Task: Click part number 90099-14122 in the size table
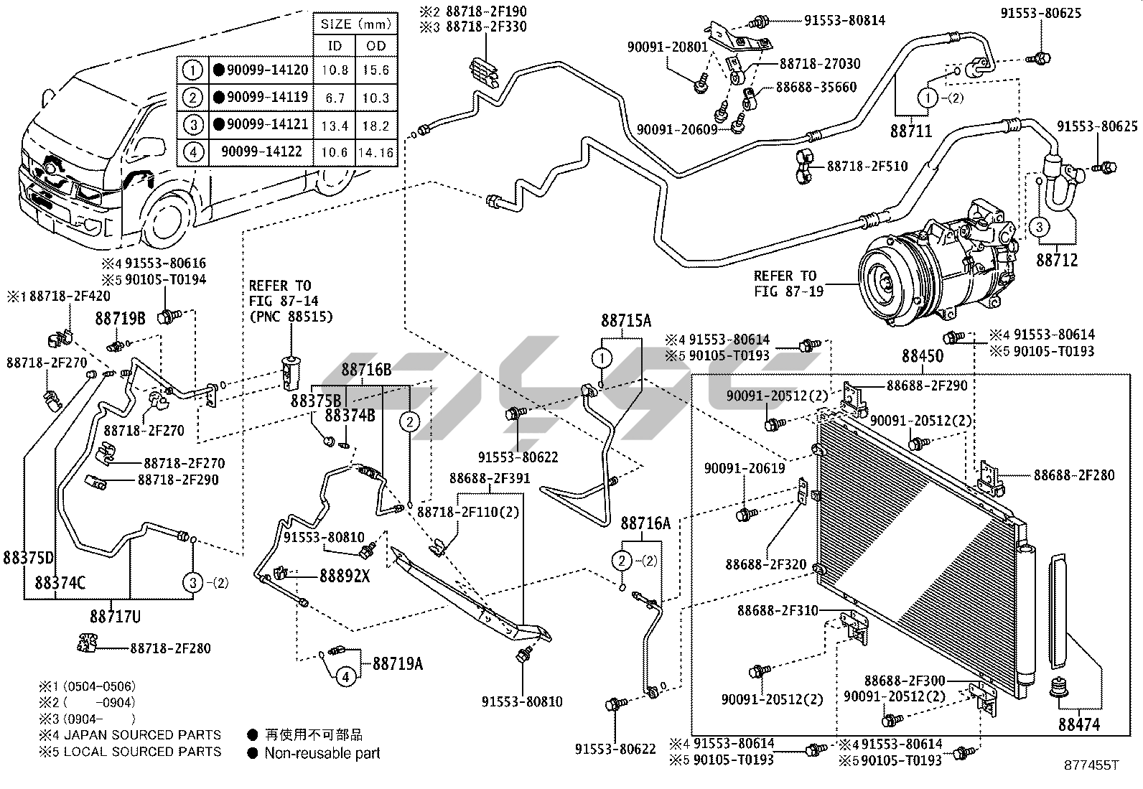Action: tap(262, 151)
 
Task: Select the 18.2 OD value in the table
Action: tap(376, 126)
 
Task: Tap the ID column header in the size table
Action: tap(335, 46)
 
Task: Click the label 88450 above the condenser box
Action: tap(923, 355)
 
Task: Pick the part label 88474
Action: tap(1079, 724)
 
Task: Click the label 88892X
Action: tap(345, 576)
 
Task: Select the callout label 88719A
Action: tap(398, 664)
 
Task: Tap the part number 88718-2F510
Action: tap(867, 167)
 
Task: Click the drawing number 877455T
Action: tap(1091, 765)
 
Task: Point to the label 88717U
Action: tap(116, 617)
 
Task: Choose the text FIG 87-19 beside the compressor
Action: tap(789, 291)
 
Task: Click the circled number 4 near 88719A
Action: tap(346, 677)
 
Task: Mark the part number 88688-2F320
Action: tap(766, 564)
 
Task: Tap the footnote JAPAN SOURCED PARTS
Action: tap(142, 735)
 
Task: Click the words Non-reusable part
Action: tap(322, 753)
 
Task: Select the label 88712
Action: tap(1058, 261)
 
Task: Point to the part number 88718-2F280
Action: tap(170, 648)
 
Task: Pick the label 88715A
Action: tap(626, 321)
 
